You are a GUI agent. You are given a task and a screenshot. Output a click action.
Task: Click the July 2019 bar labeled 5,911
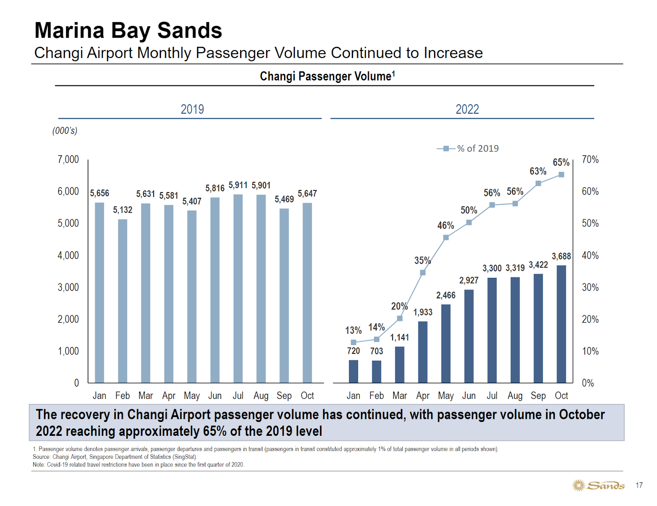pos(238,288)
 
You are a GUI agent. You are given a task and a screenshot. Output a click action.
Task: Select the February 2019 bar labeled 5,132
pos(122,301)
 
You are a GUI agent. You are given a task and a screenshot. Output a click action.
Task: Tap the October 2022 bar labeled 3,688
pos(561,324)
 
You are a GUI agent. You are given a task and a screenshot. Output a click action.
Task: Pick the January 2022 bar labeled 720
pos(353,371)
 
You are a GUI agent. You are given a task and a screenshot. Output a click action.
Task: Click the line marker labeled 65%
pos(561,175)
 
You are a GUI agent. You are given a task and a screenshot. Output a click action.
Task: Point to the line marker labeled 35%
pos(423,272)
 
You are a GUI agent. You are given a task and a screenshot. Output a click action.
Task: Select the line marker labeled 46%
pos(446,238)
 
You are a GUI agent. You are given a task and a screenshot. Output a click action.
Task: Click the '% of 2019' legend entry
pos(468,149)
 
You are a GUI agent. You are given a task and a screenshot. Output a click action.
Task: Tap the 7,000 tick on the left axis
pos(68,160)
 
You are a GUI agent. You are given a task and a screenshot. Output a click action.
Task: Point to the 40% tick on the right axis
pos(590,256)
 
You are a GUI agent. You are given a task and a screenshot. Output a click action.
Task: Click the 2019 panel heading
pos(192,110)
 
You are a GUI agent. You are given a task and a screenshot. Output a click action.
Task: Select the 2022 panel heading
pos(467,110)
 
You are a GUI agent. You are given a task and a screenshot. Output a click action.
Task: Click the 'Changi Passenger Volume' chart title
pos(327,76)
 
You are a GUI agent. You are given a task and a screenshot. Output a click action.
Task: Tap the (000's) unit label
pos(65,131)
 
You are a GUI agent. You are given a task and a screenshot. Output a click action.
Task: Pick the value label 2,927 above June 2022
pos(469,280)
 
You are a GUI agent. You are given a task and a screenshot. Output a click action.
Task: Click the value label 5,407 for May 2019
pos(192,201)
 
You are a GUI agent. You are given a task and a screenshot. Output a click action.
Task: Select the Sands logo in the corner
pos(599,485)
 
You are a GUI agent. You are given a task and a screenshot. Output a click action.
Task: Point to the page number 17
pos(639,485)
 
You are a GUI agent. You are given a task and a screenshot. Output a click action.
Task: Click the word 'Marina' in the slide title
pos(69,31)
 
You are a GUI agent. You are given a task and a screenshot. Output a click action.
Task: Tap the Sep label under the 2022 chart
pos(538,396)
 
